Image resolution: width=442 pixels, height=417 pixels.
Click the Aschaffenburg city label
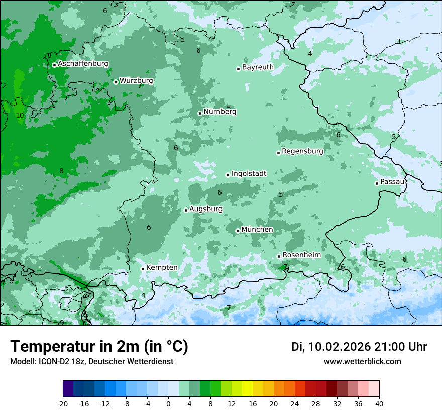(83, 64)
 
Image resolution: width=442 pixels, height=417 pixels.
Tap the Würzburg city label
(136, 80)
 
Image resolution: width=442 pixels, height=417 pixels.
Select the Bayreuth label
(258, 67)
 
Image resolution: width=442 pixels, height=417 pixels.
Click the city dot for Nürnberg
(200, 113)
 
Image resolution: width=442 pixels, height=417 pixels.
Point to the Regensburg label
(302, 151)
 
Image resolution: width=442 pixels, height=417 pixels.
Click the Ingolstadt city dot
(228, 175)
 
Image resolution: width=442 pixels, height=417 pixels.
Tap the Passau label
(392, 181)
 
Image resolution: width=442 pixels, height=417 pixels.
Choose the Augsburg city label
(206, 208)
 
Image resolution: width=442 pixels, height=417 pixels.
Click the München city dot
(238, 231)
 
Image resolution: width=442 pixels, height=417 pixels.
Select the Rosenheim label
(301, 255)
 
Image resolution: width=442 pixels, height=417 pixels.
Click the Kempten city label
(162, 267)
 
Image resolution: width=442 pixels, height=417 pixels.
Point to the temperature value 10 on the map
(20, 115)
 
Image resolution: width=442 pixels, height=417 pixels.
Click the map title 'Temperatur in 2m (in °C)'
(99, 346)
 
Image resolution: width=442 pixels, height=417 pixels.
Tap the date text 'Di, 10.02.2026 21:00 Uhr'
(359, 347)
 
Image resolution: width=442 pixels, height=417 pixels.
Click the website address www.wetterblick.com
(362, 361)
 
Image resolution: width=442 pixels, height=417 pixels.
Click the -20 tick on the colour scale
(63, 404)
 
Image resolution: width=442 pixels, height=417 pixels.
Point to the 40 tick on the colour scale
(379, 404)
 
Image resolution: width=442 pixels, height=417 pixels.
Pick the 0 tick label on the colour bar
(168, 404)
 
